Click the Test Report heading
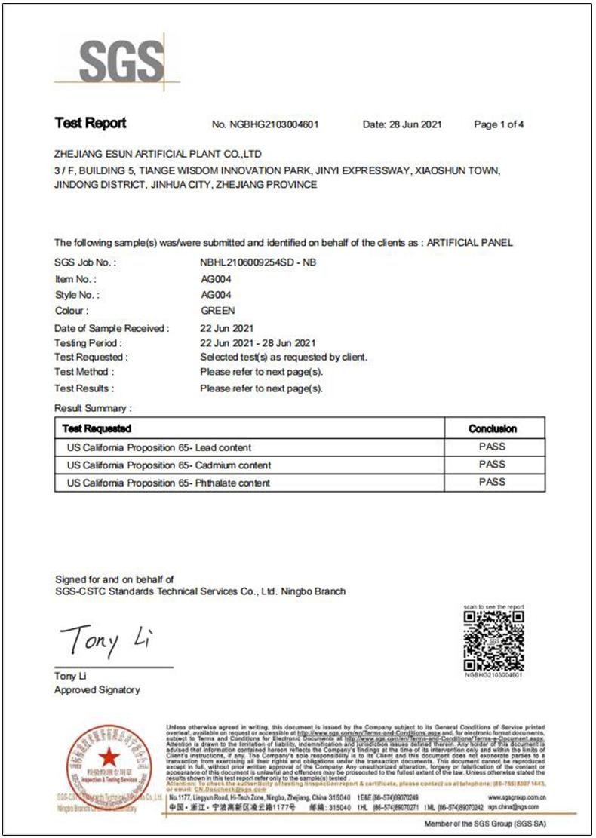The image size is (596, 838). (x=91, y=124)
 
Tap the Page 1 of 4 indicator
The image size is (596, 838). (x=499, y=124)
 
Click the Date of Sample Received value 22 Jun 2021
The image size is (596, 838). (x=227, y=329)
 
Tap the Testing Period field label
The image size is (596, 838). (x=85, y=343)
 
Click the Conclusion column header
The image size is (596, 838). (x=493, y=428)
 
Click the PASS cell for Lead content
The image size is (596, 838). (x=493, y=447)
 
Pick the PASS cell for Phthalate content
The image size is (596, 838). (x=493, y=482)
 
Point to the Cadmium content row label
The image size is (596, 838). (x=169, y=465)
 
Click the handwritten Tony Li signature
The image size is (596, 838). (x=106, y=640)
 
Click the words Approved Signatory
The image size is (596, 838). (x=97, y=689)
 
